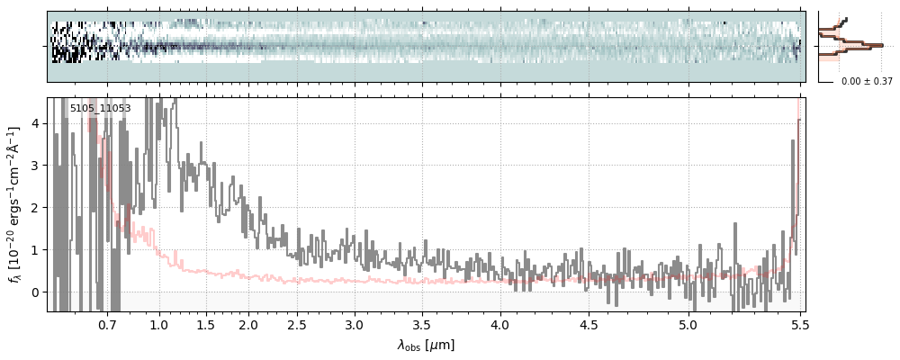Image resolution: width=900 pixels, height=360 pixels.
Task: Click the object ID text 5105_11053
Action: (100, 108)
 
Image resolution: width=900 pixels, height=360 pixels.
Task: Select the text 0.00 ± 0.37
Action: (867, 81)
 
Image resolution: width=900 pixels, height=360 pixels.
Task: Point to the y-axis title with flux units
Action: (15, 204)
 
